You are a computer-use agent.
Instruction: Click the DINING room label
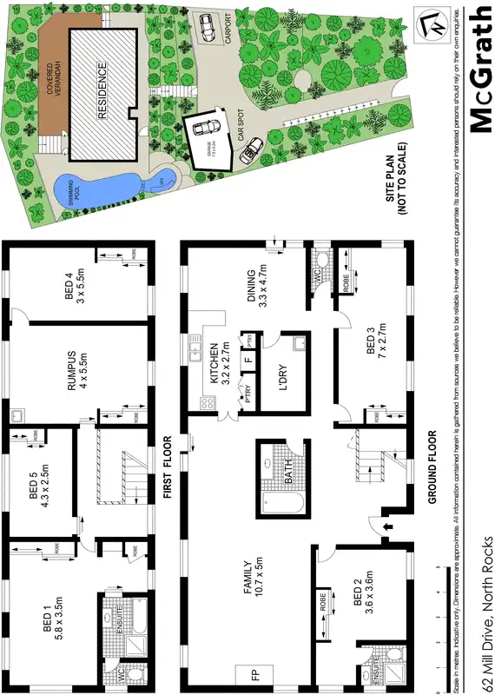pyautogui.click(x=258, y=283)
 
